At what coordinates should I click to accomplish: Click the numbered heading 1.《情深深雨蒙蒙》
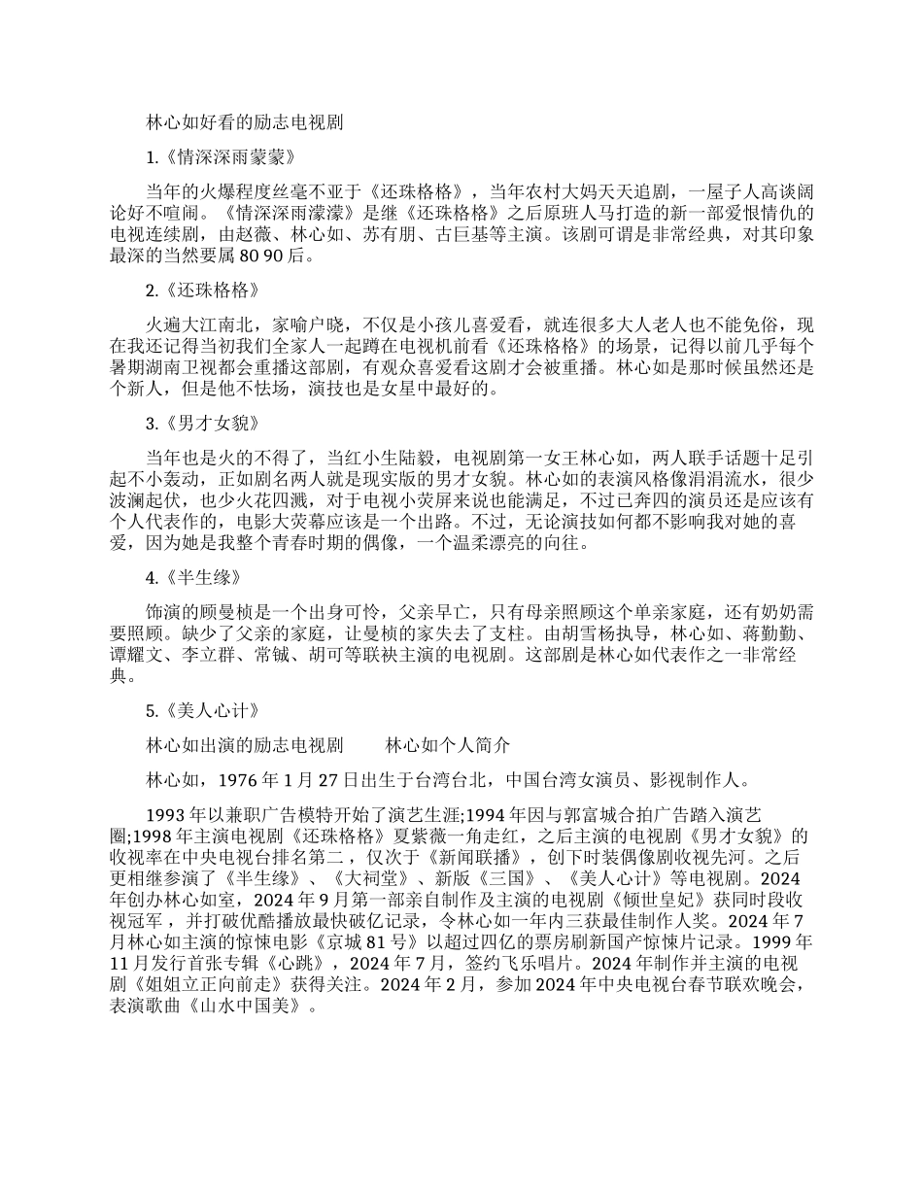point(220,156)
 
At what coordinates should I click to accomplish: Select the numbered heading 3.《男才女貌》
point(202,425)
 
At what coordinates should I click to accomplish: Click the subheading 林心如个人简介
point(447,745)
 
